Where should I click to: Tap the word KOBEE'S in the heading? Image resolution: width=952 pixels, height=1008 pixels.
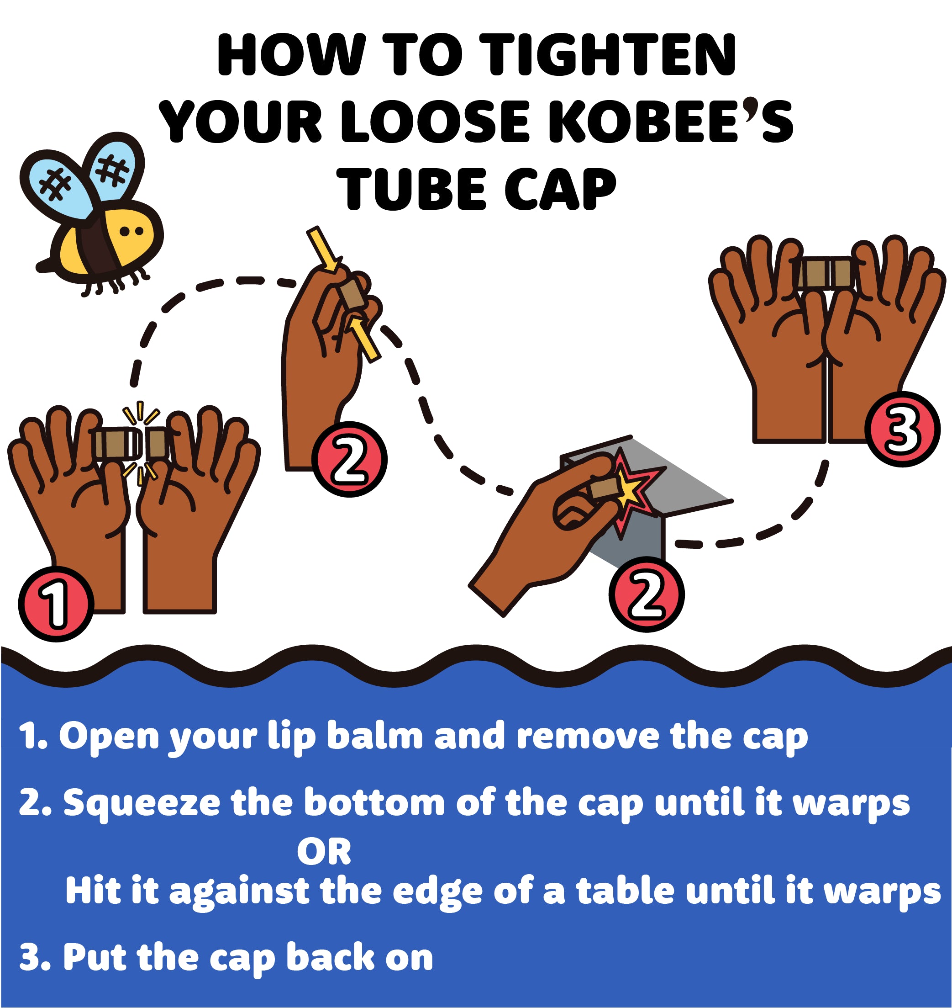point(670,121)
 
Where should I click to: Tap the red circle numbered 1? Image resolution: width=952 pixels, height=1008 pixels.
point(56,603)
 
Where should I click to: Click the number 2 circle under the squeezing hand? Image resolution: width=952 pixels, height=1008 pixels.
point(349,459)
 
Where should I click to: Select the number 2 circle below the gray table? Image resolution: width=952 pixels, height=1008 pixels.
point(646,594)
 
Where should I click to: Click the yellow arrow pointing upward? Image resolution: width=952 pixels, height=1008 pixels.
point(364,338)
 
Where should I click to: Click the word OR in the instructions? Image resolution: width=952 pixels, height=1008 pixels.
point(324,852)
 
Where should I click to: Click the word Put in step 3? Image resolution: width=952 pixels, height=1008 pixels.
point(95,957)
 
